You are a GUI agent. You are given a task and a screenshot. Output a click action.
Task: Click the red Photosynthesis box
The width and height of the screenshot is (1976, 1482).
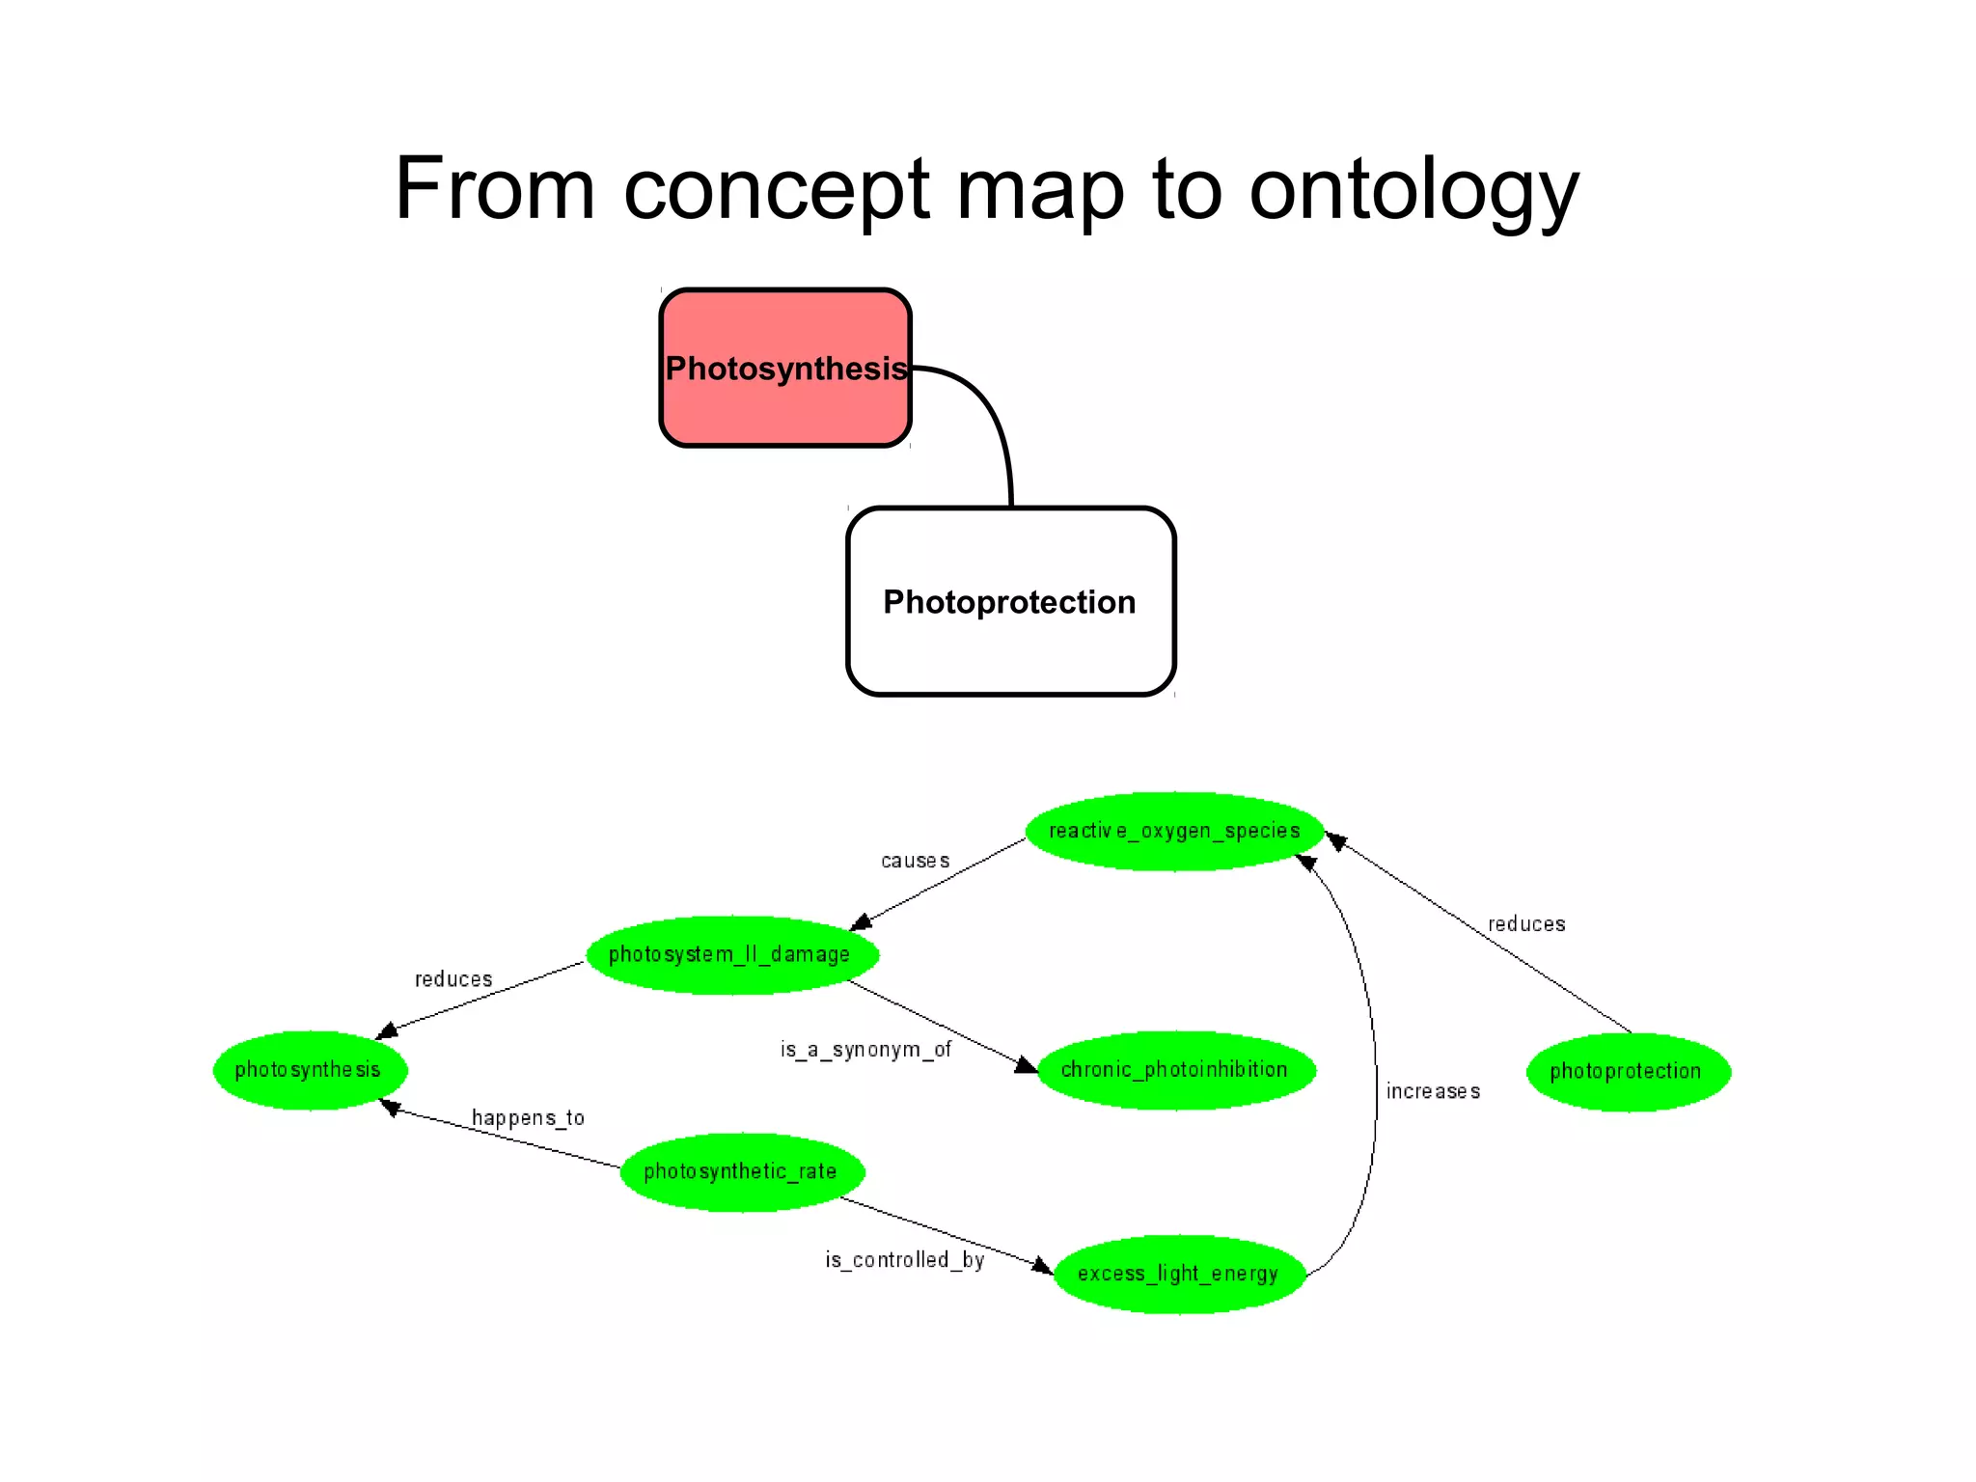pos(785,368)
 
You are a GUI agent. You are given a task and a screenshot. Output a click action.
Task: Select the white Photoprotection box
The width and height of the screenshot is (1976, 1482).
pos(1010,601)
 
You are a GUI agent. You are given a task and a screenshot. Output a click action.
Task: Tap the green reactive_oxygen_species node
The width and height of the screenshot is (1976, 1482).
pos(1174,831)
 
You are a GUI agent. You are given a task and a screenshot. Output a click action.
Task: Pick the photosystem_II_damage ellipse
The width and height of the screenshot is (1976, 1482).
pos(731,954)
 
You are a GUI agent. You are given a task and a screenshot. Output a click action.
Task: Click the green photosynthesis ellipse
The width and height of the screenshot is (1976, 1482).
pos(309,1069)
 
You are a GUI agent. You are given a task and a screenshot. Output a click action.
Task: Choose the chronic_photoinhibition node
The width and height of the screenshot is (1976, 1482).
pos(1175,1069)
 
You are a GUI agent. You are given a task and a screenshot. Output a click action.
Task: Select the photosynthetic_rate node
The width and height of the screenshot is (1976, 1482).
pos(741,1171)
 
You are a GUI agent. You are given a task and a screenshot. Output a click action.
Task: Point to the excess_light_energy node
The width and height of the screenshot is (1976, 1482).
pos(1178,1274)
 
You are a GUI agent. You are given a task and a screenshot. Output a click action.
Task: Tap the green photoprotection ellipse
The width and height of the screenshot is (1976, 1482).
pos(1627,1071)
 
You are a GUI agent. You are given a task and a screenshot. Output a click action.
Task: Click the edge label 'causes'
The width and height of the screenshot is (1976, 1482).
pos(915,861)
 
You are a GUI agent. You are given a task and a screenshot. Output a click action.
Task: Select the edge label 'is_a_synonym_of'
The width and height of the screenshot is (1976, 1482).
pos(865,1049)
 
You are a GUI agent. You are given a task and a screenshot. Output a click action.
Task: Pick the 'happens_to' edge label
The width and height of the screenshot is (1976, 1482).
pos(528,1117)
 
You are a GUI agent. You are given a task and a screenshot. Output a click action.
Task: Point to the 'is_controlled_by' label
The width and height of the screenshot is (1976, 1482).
pos(904,1259)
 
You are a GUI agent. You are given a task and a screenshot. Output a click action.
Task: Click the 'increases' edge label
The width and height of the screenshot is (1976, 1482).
pos(1433,1091)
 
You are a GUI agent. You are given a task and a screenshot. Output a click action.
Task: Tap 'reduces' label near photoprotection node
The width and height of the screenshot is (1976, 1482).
pos(1526,924)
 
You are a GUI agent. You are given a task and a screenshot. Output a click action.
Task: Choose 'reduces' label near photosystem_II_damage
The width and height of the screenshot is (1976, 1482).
pos(453,979)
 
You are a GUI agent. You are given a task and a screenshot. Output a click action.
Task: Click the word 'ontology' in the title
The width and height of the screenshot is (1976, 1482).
pos(1413,190)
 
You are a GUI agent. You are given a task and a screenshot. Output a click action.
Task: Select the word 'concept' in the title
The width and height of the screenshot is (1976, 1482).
pos(776,190)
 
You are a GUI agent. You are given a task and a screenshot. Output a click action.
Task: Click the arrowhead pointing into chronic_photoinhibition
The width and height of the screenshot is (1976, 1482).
pos(1027,1065)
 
